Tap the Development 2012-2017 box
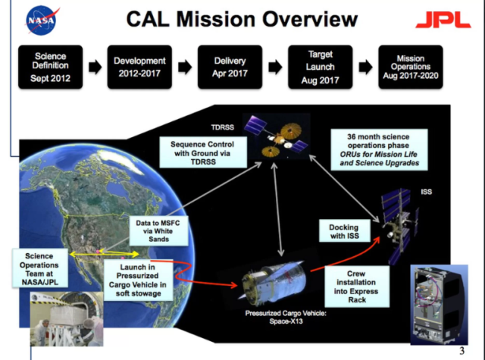tap(139, 67)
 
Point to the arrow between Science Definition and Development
tap(94, 67)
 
